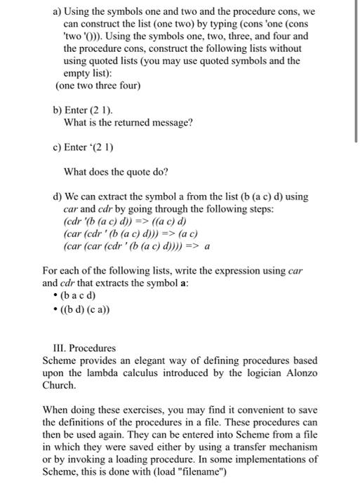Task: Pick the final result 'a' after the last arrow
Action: [x=207, y=246]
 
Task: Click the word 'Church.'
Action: [x=58, y=384]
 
